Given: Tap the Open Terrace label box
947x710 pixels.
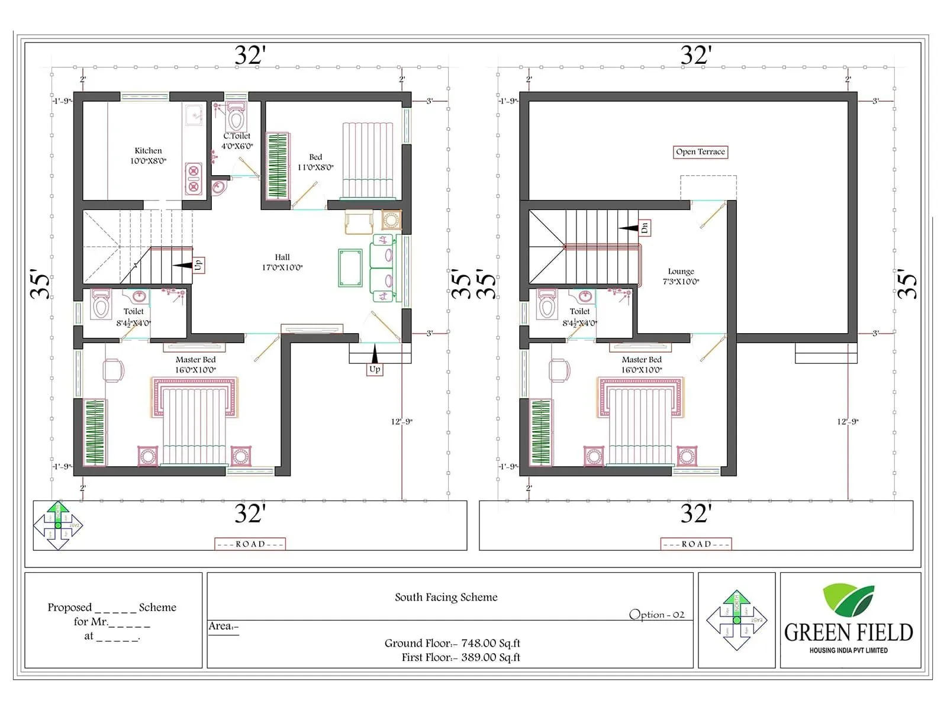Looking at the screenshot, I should pos(700,152).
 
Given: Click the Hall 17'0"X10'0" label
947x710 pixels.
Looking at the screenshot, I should pos(282,262).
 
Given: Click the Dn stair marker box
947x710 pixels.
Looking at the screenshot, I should pos(645,228).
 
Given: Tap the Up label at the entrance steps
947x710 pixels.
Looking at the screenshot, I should pos(375,369).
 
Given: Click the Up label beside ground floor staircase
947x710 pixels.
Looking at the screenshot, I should pos(198,264).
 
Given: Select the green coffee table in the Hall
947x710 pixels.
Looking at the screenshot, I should pos(350,268).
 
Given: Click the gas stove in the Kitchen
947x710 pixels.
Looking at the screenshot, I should pos(194,179).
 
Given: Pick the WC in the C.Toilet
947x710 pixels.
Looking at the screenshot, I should pos(236,118).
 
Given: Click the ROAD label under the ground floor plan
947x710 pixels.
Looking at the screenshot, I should pos(250,544).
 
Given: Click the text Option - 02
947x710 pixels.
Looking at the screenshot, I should pos(656,615).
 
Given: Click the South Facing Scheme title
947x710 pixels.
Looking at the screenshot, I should pos(446,597).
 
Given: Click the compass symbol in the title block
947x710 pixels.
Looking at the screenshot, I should pos(736,620).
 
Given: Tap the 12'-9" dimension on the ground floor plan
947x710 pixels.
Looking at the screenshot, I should pos(401,422).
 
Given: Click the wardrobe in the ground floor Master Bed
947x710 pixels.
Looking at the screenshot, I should pos(95,432).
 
